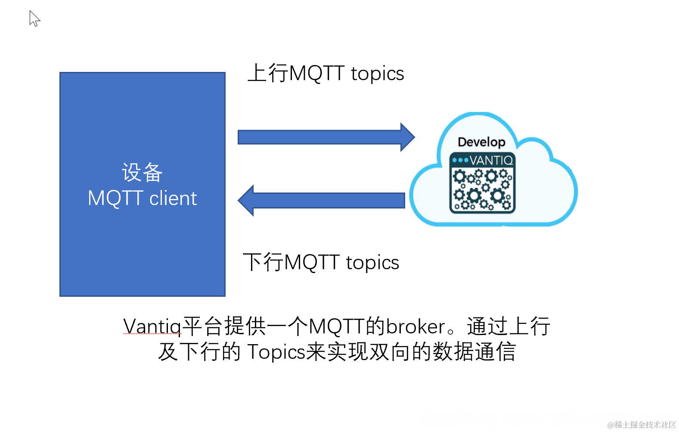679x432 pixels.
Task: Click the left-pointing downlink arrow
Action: click(327, 200)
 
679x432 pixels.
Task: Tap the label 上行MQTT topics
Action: click(326, 73)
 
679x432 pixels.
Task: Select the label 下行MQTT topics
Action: click(321, 262)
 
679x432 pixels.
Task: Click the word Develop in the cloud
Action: click(481, 142)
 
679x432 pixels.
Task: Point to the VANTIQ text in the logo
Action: click(491, 160)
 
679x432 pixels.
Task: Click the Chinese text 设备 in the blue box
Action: click(142, 173)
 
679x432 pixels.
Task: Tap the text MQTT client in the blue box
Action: click(142, 199)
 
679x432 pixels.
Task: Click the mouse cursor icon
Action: click(34, 19)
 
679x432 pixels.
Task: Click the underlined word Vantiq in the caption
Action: click(152, 326)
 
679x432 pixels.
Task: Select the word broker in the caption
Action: click(415, 326)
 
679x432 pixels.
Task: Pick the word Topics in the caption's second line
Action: click(276, 352)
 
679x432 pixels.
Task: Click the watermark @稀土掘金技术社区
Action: click(642, 425)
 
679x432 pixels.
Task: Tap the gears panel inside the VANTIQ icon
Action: click(482, 190)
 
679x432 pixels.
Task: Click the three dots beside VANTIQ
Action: click(460, 160)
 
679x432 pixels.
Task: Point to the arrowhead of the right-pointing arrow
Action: click(407, 137)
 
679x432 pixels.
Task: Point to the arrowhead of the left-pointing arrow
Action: click(247, 200)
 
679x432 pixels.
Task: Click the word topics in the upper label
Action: click(377, 73)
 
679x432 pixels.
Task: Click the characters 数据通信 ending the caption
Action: click(474, 352)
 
